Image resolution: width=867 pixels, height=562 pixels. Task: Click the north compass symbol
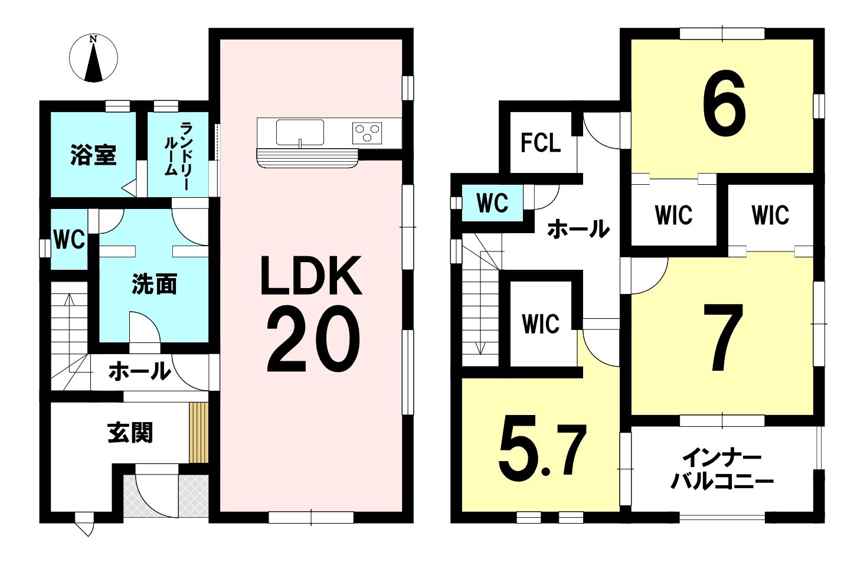click(93, 58)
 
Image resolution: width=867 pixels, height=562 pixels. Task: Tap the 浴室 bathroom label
click(93, 155)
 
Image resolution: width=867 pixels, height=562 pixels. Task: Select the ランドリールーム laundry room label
click(178, 156)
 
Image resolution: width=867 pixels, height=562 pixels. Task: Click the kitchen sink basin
click(300, 132)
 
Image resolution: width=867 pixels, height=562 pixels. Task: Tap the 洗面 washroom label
click(154, 284)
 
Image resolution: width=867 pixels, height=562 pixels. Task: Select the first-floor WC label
click(69, 240)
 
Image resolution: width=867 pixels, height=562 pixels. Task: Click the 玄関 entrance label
click(130, 432)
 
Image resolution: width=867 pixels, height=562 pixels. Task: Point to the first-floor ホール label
click(140, 371)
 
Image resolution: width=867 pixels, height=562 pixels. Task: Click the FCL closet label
click(541, 142)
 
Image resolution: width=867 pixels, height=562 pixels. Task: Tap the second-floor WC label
click(493, 203)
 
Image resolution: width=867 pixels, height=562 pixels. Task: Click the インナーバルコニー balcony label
click(722, 470)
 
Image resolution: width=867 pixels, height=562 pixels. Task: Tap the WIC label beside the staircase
click(541, 324)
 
